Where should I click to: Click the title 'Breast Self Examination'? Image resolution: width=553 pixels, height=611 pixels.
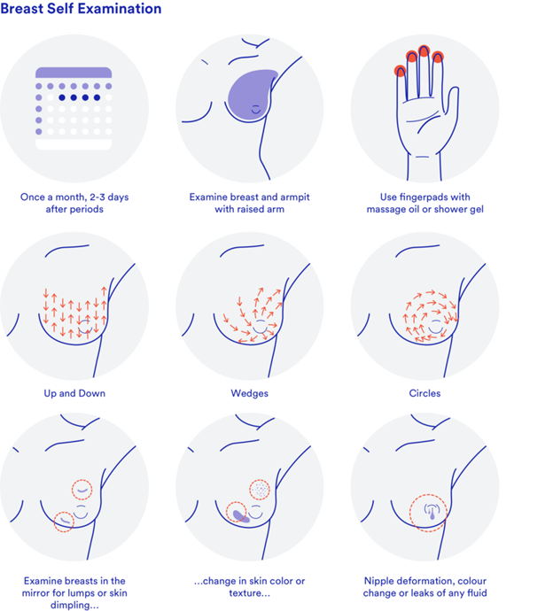[81, 10]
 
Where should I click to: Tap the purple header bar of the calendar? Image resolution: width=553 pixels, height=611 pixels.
[74, 73]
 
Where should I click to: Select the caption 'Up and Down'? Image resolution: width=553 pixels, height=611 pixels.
[74, 392]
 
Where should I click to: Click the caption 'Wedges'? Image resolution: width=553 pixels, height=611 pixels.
[249, 392]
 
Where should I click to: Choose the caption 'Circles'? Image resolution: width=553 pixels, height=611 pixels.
[424, 392]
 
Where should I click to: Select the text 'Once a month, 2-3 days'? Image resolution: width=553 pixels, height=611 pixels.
[74, 197]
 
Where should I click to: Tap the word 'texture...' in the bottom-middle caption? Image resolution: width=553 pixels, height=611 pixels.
[249, 593]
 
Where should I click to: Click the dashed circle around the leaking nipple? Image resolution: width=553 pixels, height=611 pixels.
[428, 513]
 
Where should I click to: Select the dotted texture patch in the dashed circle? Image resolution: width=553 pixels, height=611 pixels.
[259, 489]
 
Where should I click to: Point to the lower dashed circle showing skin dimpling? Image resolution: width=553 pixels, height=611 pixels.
[63, 522]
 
